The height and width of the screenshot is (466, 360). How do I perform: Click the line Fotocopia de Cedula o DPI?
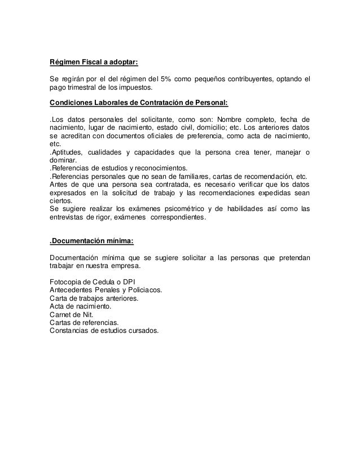[x=92, y=282]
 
